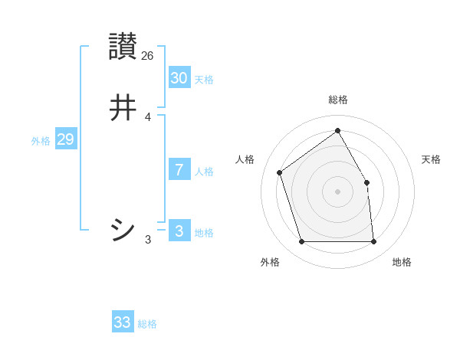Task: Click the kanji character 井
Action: click(x=123, y=108)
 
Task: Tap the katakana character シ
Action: click(x=123, y=229)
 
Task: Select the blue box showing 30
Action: click(x=179, y=77)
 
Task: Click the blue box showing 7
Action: click(x=179, y=169)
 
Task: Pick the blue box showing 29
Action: click(x=65, y=139)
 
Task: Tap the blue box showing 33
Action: click(x=123, y=322)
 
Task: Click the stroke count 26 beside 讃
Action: click(x=148, y=56)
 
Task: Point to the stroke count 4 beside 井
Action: click(x=148, y=117)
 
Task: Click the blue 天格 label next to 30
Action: click(x=204, y=80)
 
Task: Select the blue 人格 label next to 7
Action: click(x=204, y=172)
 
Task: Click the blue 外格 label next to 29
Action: click(x=41, y=141)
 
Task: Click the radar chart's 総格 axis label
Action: click(x=338, y=100)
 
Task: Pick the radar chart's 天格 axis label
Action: click(x=431, y=159)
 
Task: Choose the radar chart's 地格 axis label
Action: click(x=402, y=263)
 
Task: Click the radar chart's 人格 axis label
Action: click(x=245, y=159)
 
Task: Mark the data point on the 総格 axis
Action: click(x=338, y=129)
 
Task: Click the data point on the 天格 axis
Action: click(x=366, y=182)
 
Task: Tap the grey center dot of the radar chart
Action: click(x=338, y=191)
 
